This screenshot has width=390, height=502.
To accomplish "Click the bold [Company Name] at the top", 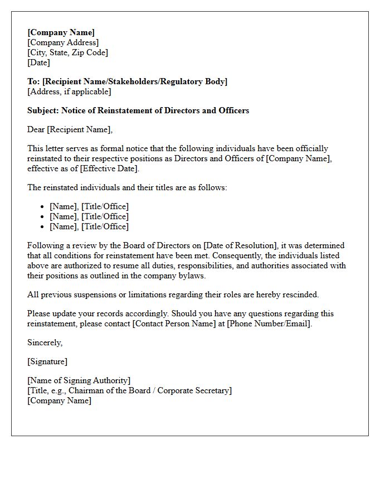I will [61, 32].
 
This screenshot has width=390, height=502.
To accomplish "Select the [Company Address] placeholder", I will [63, 42].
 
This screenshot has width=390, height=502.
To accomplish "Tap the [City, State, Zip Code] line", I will [67, 52].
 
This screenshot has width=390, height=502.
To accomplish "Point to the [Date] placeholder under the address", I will [38, 62].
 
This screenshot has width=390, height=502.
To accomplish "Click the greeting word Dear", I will [36, 129].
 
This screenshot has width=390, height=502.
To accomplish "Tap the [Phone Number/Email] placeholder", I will [269, 324].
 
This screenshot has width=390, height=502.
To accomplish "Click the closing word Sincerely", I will [45, 342].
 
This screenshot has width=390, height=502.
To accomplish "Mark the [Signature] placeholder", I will [47, 361].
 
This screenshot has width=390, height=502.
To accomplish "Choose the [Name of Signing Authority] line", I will [79, 380].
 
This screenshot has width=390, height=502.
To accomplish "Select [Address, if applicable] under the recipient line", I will [69, 91].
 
